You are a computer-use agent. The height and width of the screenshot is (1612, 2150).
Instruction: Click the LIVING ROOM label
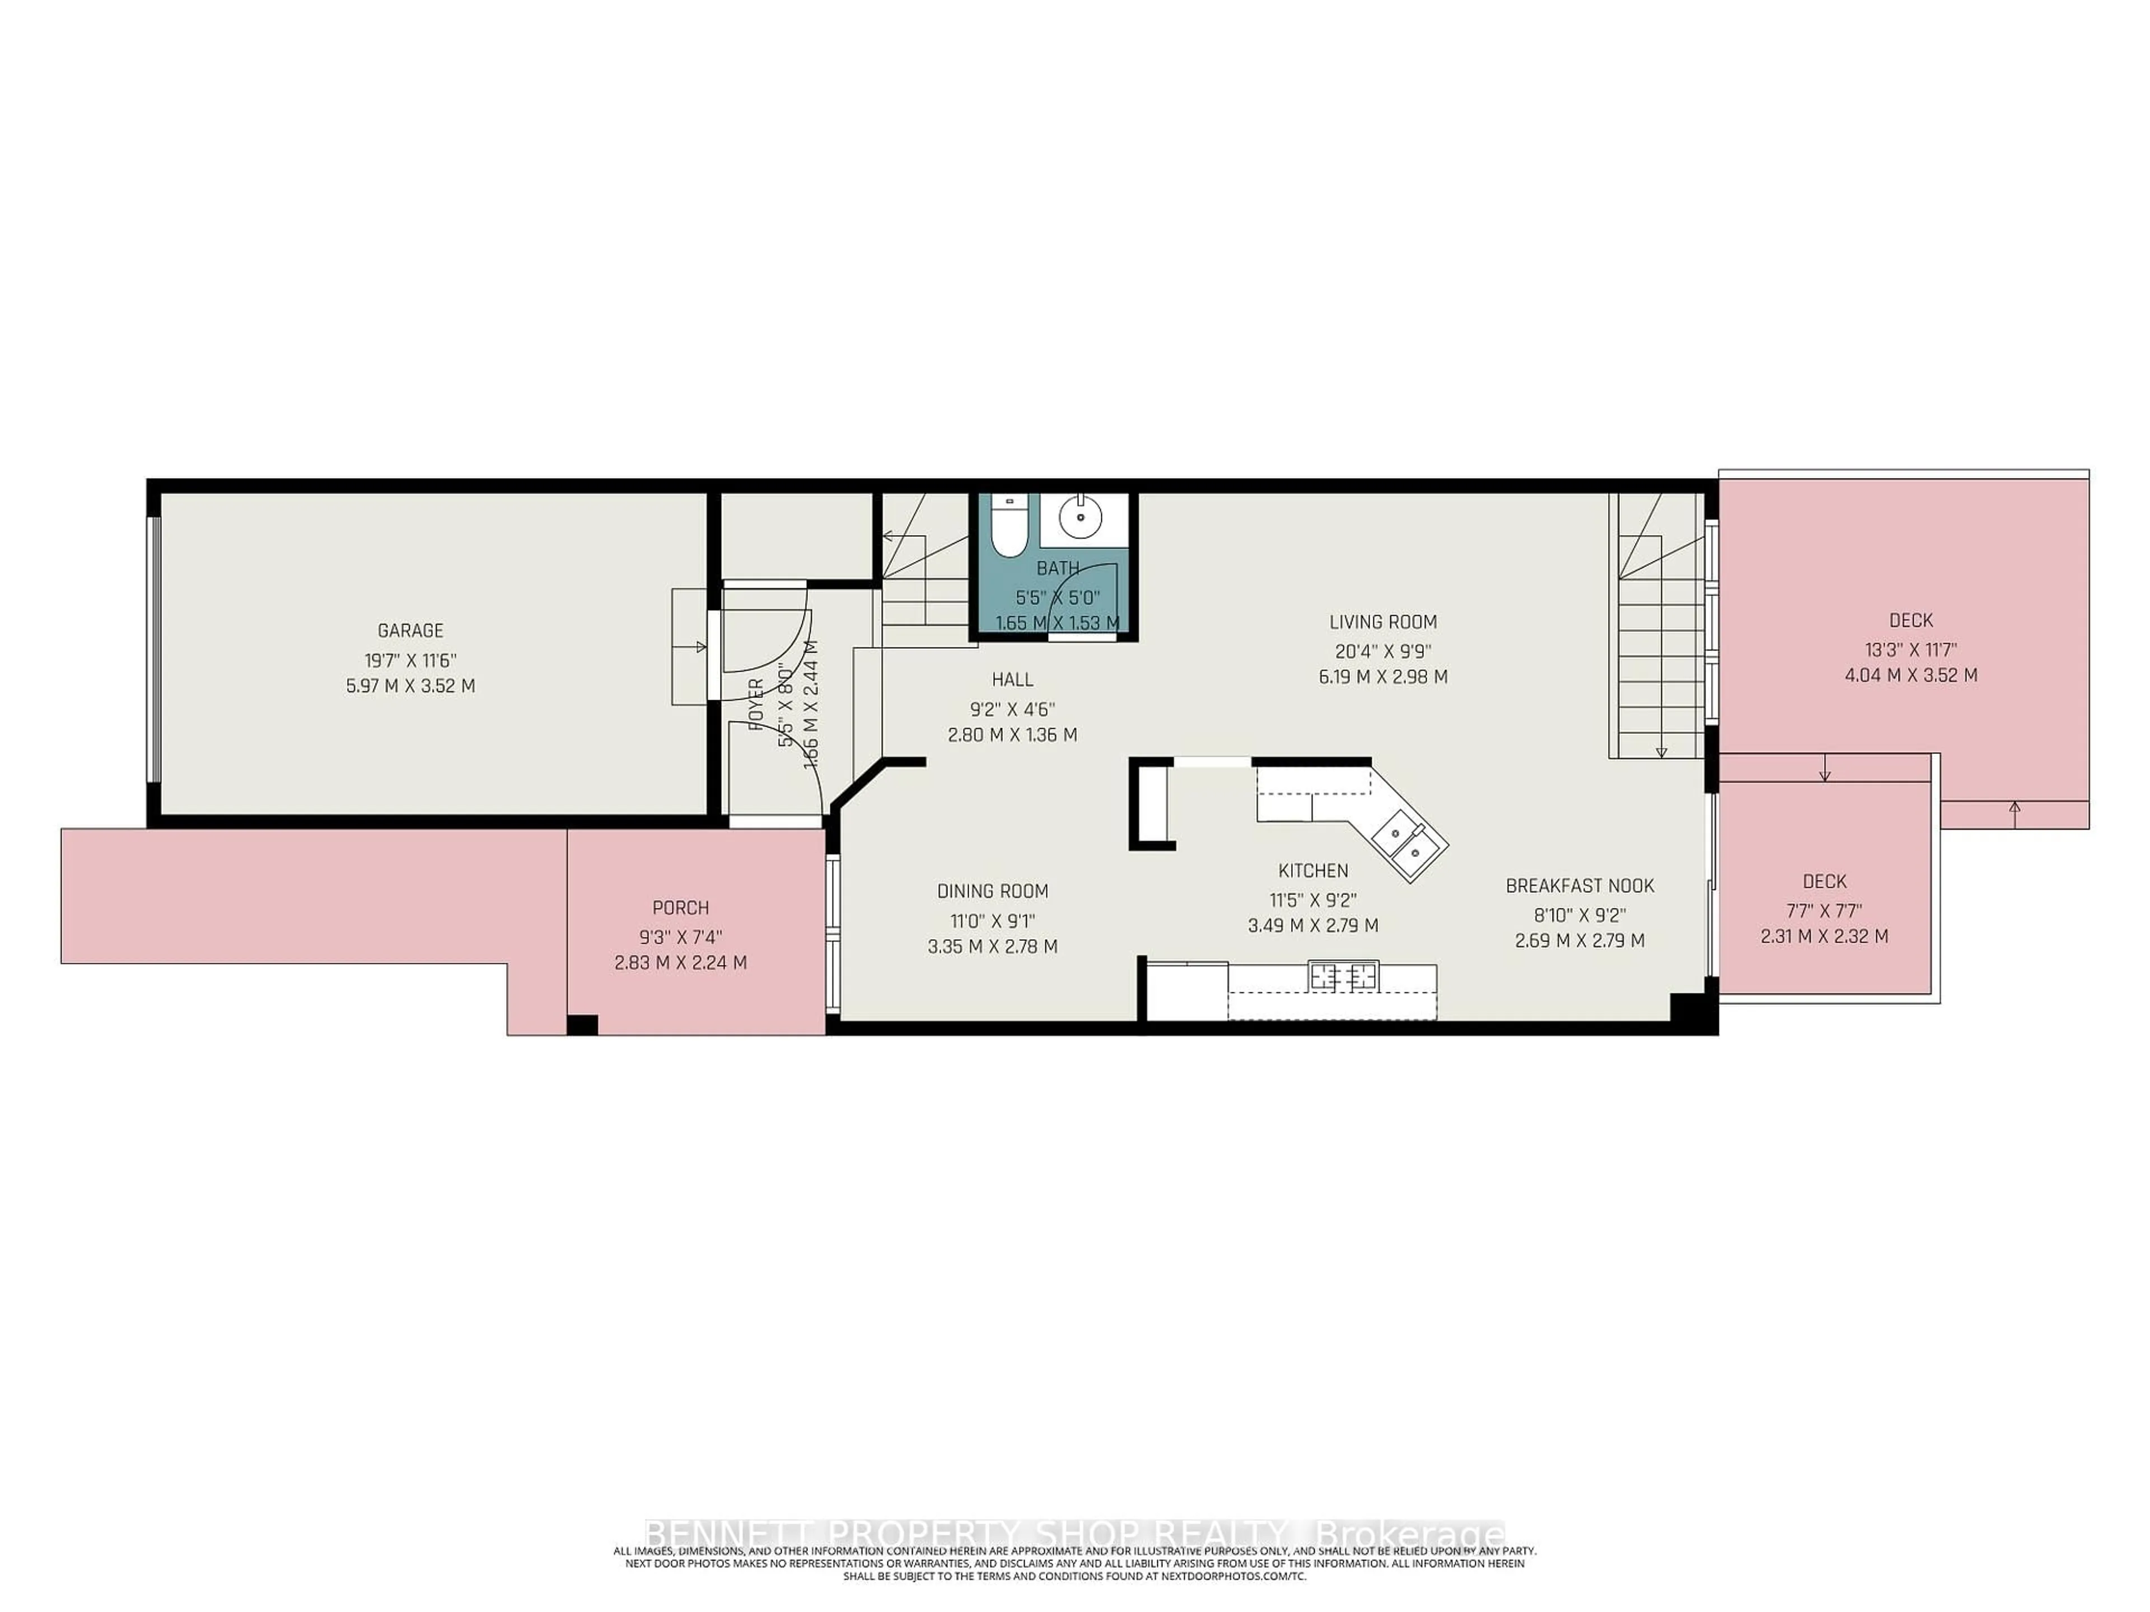(x=1382, y=622)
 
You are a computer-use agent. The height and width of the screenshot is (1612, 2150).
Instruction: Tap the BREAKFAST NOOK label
(x=1579, y=886)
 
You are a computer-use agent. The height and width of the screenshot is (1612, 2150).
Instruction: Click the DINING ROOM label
(x=992, y=891)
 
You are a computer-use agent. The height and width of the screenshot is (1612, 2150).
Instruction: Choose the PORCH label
(x=680, y=907)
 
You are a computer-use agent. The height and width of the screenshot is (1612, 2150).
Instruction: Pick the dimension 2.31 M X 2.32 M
(x=1824, y=936)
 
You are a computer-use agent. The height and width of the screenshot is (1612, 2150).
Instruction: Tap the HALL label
(x=1012, y=680)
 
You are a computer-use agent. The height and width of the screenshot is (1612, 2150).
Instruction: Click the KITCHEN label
(x=1312, y=870)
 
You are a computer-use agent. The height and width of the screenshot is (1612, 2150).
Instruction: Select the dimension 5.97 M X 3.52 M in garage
(x=410, y=686)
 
